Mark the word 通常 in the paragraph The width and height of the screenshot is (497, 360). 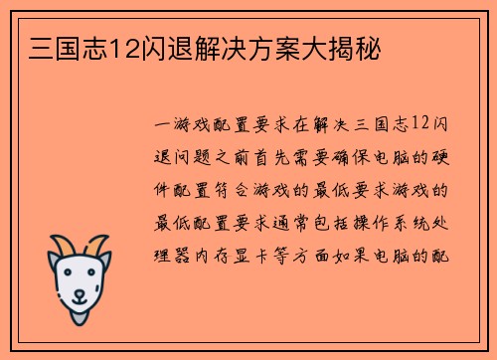pos(303,221)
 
